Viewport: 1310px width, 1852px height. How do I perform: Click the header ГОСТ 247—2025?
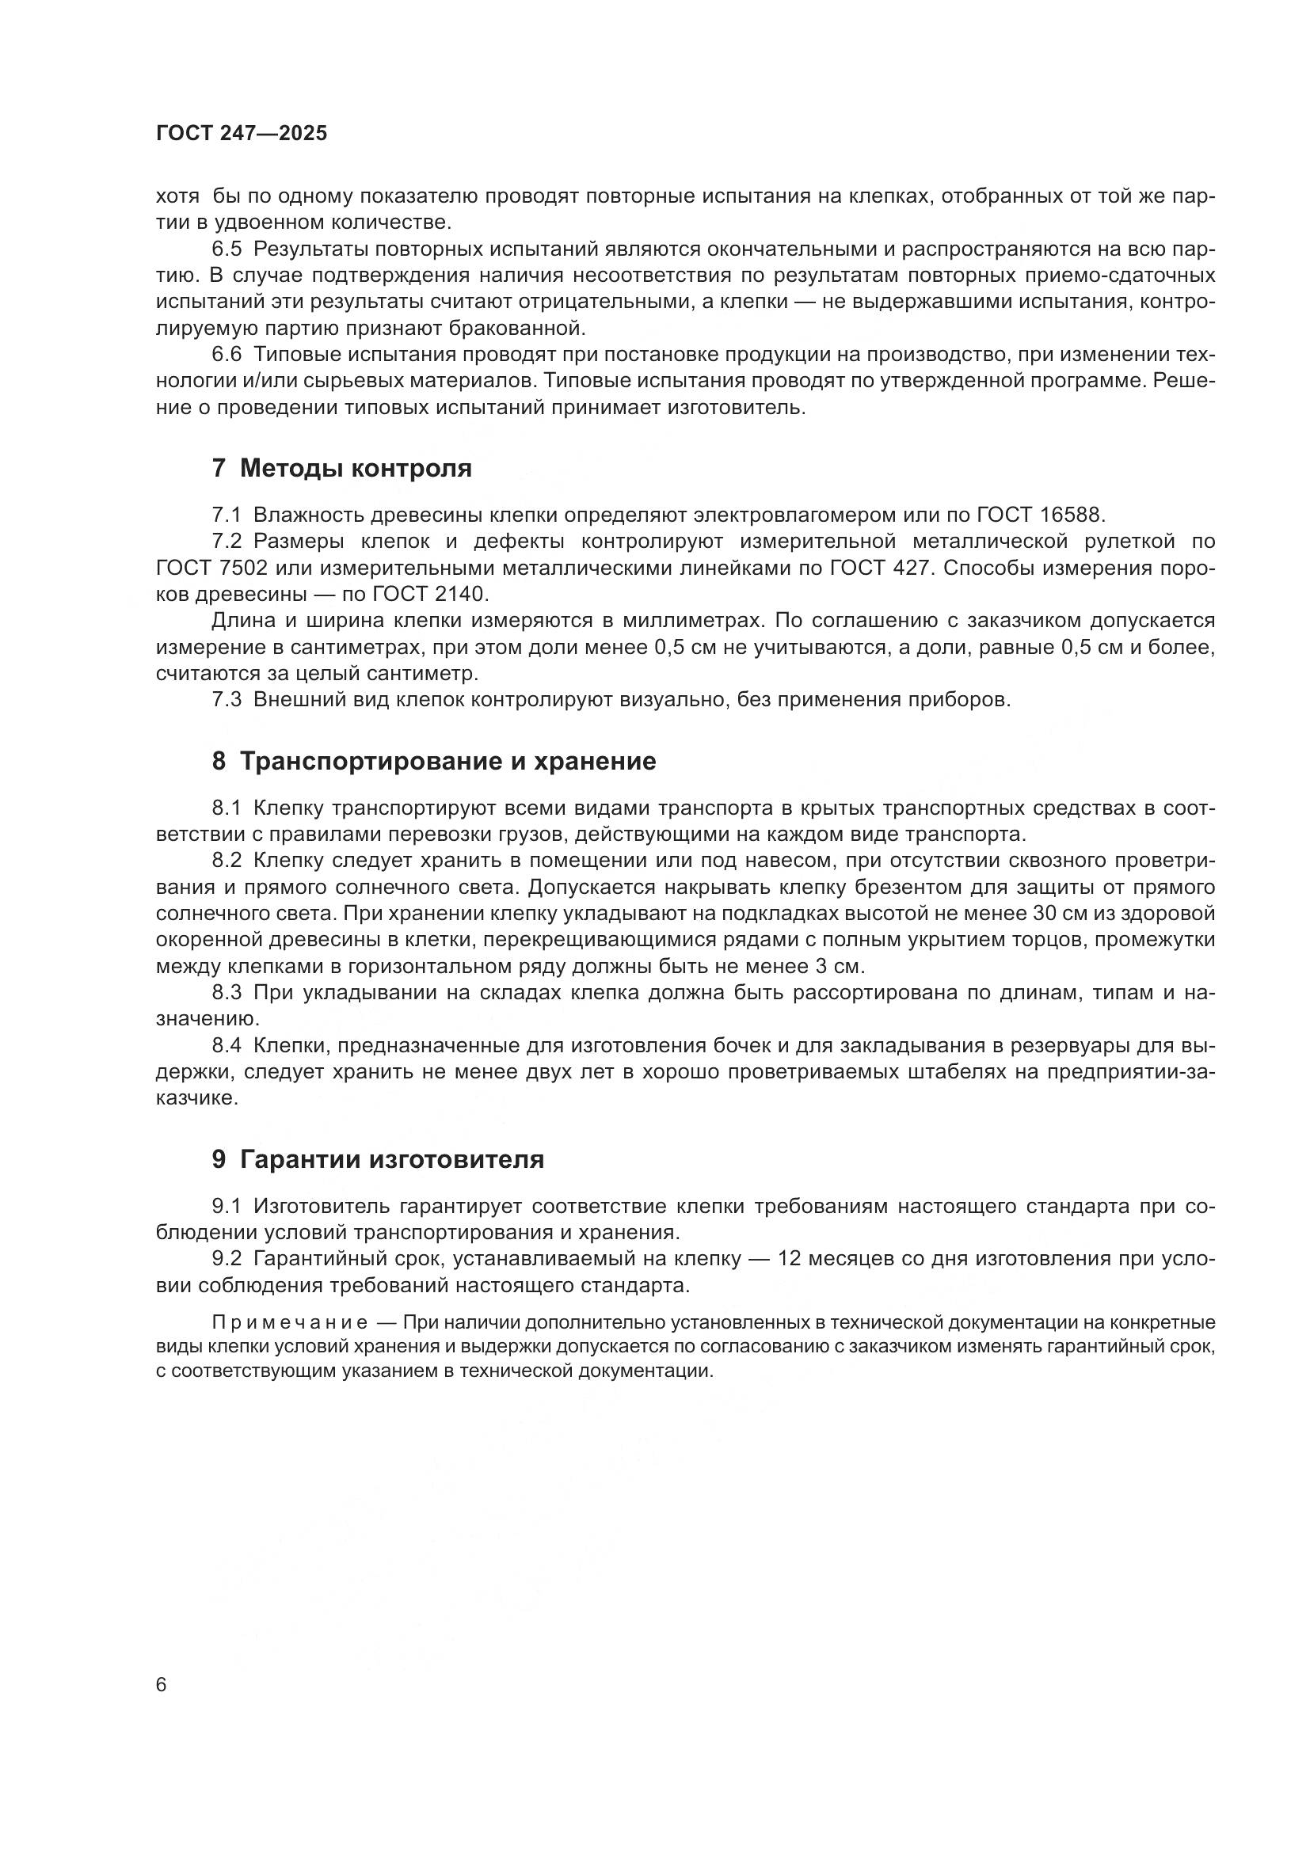[x=242, y=134]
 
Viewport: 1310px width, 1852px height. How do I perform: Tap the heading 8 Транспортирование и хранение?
[x=434, y=761]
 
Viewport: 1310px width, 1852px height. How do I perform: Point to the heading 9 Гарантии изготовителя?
[x=378, y=1159]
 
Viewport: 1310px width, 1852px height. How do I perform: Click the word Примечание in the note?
[x=290, y=1322]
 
